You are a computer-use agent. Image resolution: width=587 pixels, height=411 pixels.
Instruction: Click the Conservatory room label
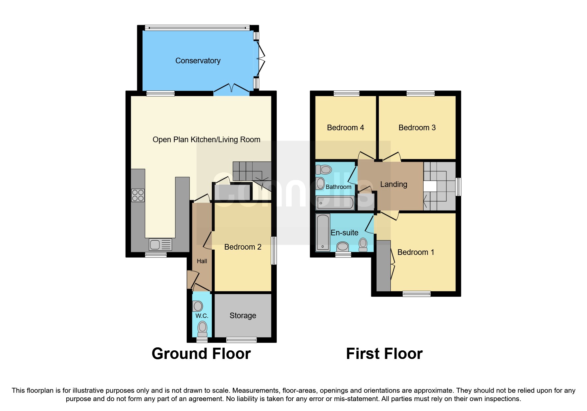coord(198,61)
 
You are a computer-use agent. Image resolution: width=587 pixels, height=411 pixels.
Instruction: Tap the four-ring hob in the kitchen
coord(138,195)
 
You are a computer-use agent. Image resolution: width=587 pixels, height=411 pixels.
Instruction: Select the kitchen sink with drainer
coord(160,245)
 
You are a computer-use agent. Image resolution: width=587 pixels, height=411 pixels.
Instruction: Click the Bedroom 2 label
coord(243,247)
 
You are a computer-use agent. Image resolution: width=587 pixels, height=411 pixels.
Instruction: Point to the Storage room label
coord(243,316)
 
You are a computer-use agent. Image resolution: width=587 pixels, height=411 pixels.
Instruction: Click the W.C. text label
coord(202,316)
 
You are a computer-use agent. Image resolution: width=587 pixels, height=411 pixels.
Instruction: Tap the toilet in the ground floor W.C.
coord(202,329)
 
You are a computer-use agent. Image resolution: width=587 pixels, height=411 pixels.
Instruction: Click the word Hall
coord(202,261)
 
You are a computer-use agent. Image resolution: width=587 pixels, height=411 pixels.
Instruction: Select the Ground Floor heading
coord(201,354)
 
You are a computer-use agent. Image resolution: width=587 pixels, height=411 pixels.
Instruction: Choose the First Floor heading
coord(384,354)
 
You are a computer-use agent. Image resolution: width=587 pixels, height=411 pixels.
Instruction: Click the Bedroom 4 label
coord(345,128)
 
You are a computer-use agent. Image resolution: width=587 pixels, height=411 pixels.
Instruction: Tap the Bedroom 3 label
coord(417,128)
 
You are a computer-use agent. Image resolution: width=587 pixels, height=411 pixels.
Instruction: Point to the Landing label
coord(393,184)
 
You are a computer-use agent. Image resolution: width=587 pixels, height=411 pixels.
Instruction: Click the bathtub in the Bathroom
coord(335,203)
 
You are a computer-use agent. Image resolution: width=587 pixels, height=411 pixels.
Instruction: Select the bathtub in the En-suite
coord(323,232)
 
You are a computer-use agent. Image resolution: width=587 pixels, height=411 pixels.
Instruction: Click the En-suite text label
coord(344,233)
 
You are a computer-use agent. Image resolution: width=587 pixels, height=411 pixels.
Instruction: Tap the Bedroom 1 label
coord(415,252)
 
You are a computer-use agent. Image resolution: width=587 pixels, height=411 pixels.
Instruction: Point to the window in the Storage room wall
coord(241,340)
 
